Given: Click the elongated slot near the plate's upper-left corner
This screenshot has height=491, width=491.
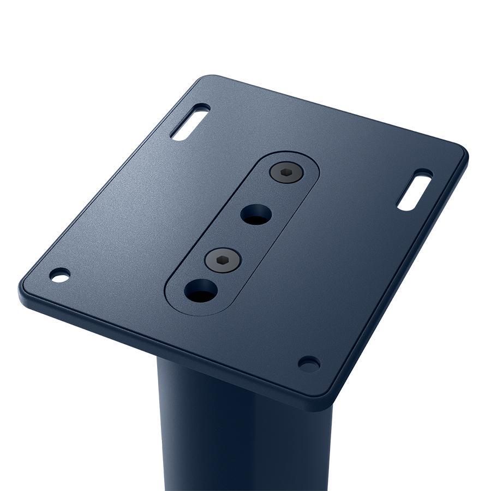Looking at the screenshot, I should point(190,122).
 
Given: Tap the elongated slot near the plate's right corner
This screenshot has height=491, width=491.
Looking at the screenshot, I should point(415,190).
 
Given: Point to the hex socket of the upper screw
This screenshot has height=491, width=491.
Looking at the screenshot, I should point(286,172).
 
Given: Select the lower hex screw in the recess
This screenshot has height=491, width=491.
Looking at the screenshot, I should point(223,260).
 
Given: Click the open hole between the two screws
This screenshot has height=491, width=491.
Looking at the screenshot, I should point(256,214).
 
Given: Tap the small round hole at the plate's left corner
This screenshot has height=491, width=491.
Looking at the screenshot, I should point(59,275).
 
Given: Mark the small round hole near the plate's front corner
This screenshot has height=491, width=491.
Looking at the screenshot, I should point(309,363).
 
